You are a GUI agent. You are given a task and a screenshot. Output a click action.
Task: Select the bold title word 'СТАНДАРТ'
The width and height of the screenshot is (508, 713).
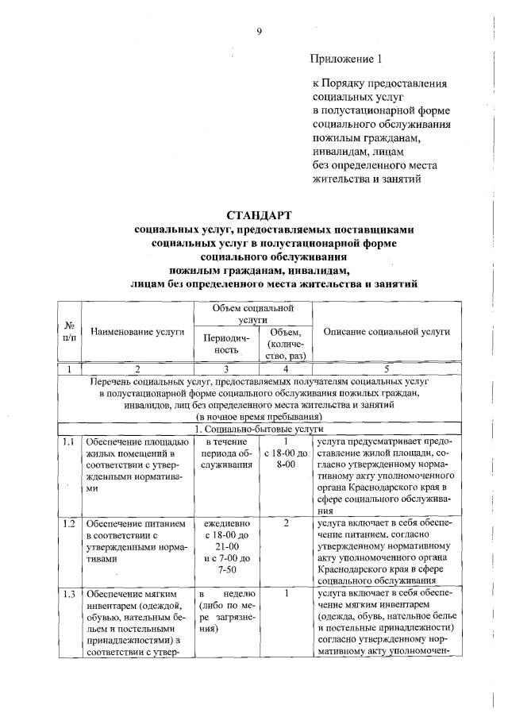pyautogui.click(x=259, y=214)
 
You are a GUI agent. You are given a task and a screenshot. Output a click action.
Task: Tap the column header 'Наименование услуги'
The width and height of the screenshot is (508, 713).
pyautogui.click(x=137, y=333)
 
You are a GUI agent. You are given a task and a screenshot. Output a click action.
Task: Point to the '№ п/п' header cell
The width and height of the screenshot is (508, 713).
pyautogui.click(x=70, y=332)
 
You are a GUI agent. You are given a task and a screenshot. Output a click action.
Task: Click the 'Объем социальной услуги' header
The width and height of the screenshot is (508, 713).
pyautogui.click(x=254, y=312)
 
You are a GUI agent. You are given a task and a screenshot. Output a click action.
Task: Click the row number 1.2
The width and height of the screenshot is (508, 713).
pyautogui.click(x=69, y=523)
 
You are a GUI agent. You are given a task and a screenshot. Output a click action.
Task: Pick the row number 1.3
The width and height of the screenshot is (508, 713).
pyautogui.click(x=69, y=593)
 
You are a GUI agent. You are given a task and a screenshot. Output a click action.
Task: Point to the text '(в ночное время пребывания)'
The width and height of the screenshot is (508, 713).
pyautogui.click(x=253, y=416)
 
